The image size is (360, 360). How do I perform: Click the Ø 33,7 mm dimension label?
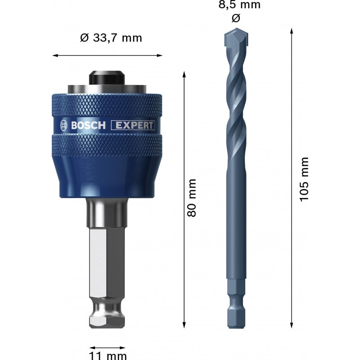coord(111,38)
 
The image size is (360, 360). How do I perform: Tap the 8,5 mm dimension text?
coord(239,4)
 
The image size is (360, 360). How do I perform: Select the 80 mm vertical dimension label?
coord(192,198)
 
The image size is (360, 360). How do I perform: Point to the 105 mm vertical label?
coord(304,180)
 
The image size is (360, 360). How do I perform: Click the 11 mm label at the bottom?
coord(108,355)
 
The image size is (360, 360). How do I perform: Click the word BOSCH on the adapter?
coord(88,126)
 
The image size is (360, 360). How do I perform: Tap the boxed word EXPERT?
coord(133,126)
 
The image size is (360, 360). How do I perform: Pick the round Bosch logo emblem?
coord(64,126)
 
